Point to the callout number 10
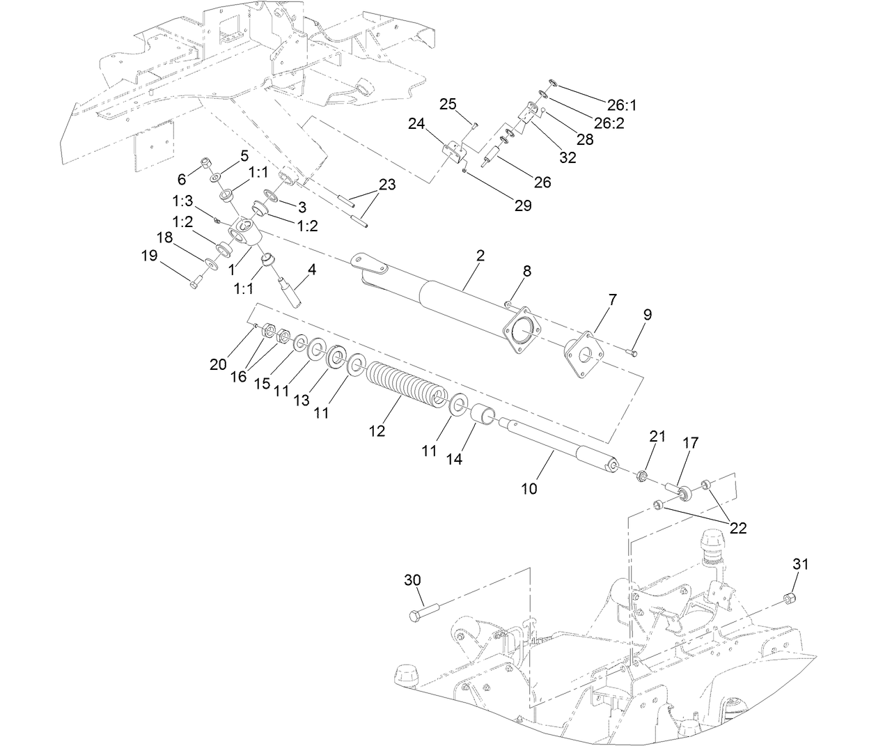click(x=529, y=488)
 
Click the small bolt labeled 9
click(x=633, y=353)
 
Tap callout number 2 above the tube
click(x=480, y=256)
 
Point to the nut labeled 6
click(x=207, y=164)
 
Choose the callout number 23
click(x=387, y=185)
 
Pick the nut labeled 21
click(x=643, y=477)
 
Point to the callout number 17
click(x=690, y=442)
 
